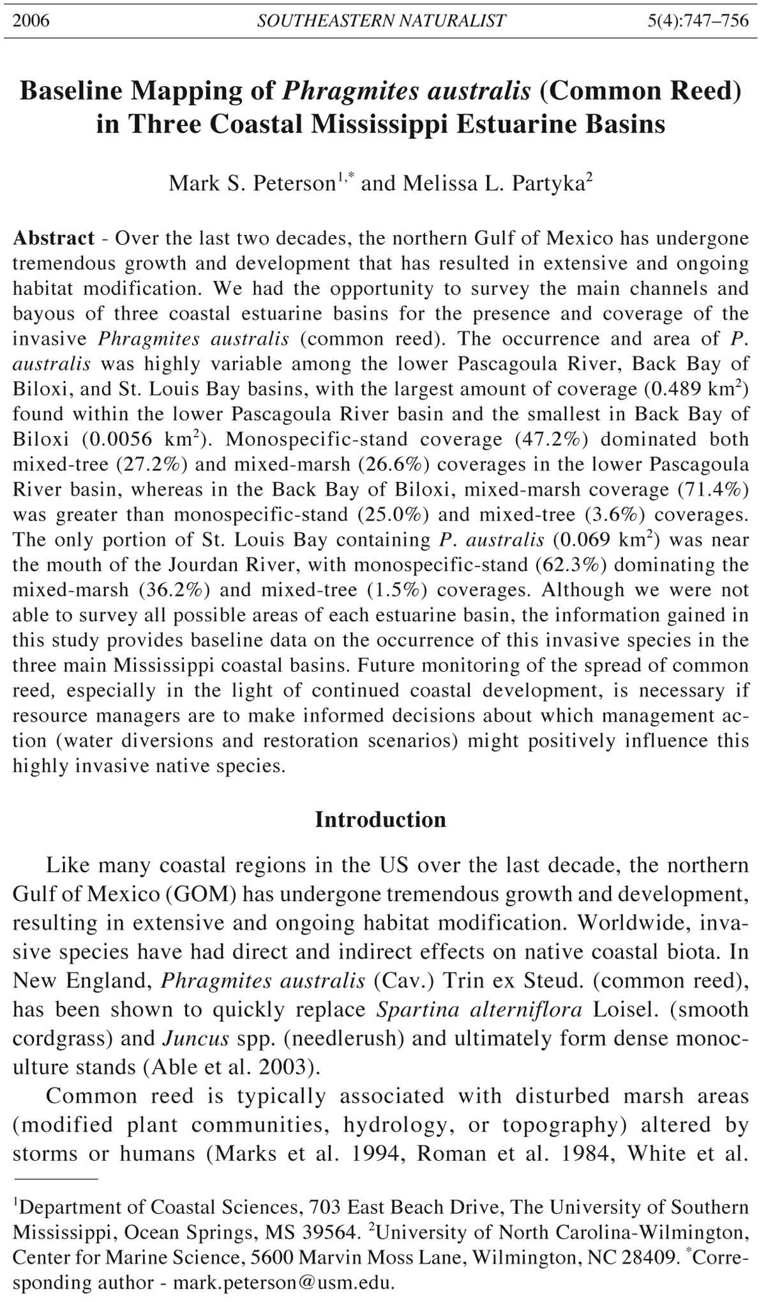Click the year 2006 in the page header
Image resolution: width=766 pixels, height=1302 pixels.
31,21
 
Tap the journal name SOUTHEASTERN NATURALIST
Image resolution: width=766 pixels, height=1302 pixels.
381,21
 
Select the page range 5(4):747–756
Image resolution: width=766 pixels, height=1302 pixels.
698,21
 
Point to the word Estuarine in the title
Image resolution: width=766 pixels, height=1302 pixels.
520,123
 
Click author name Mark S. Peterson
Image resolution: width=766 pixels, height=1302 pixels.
252,184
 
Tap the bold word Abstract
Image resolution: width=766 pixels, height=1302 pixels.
54,238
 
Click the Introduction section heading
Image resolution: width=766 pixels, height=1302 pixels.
380,820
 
